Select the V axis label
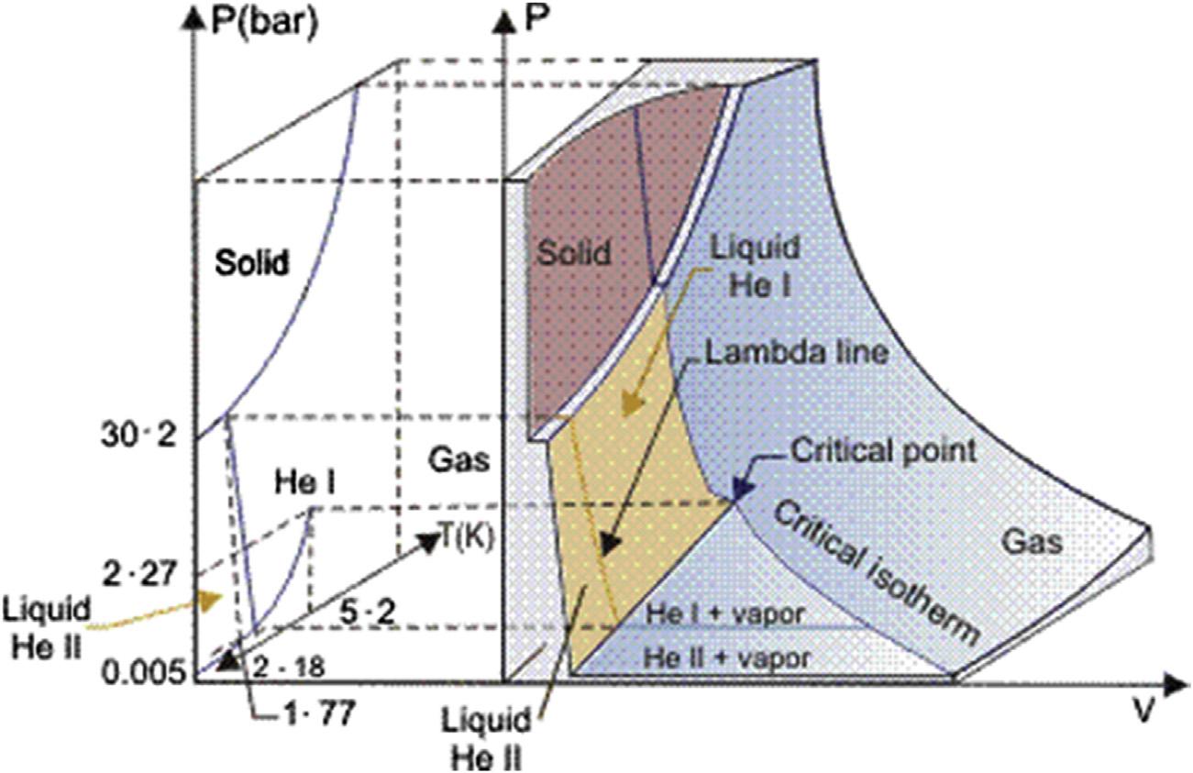[1142, 714]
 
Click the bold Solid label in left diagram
[252, 264]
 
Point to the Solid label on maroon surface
[572, 252]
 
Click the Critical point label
[870, 452]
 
